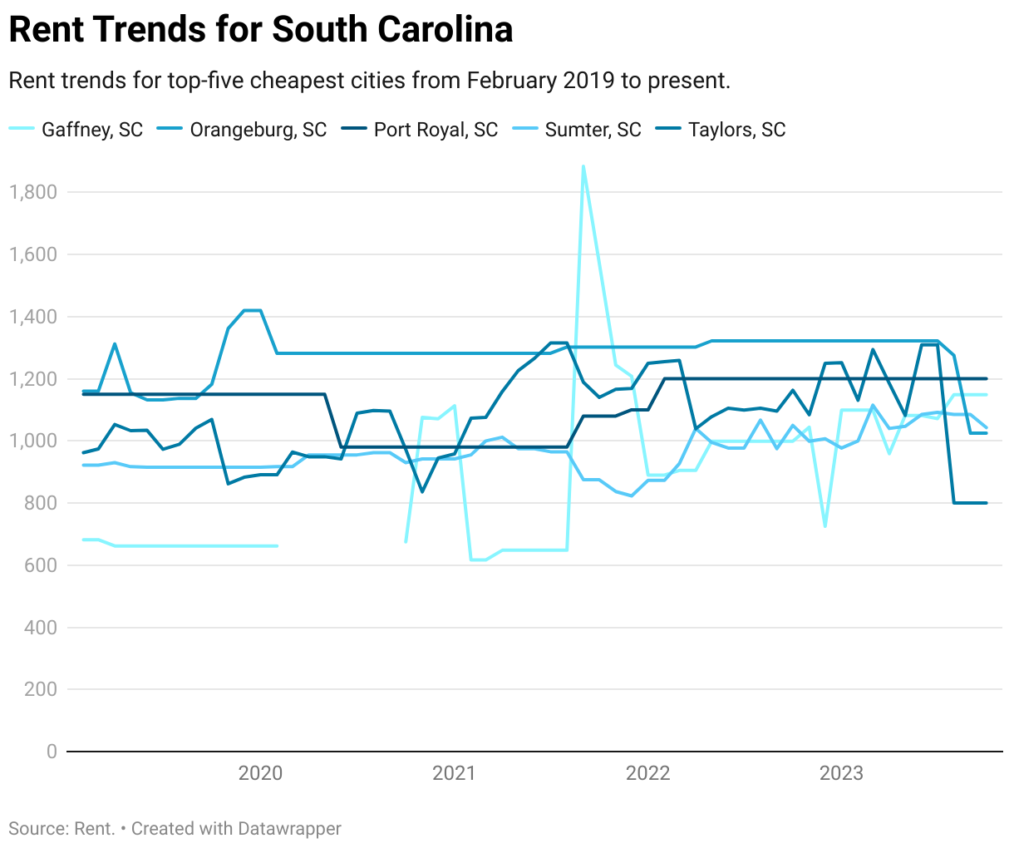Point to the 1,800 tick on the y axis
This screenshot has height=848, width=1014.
[x=32, y=192]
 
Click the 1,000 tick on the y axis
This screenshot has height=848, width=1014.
[x=32, y=441]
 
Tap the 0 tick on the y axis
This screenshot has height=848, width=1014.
[x=52, y=752]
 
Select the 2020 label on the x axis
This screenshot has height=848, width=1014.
[x=260, y=773]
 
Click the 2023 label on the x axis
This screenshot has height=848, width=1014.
[x=841, y=773]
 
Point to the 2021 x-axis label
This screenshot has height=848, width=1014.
[x=454, y=773]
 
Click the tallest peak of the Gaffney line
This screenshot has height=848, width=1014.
[x=583, y=166]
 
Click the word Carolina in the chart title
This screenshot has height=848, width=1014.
[x=445, y=30]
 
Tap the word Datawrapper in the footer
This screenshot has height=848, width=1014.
[x=289, y=829]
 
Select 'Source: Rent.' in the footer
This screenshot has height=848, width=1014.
[x=62, y=829]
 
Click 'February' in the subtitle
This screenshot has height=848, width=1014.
[x=510, y=81]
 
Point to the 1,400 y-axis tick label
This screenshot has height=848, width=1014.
[x=32, y=317]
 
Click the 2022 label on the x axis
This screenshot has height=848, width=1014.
[x=647, y=773]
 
